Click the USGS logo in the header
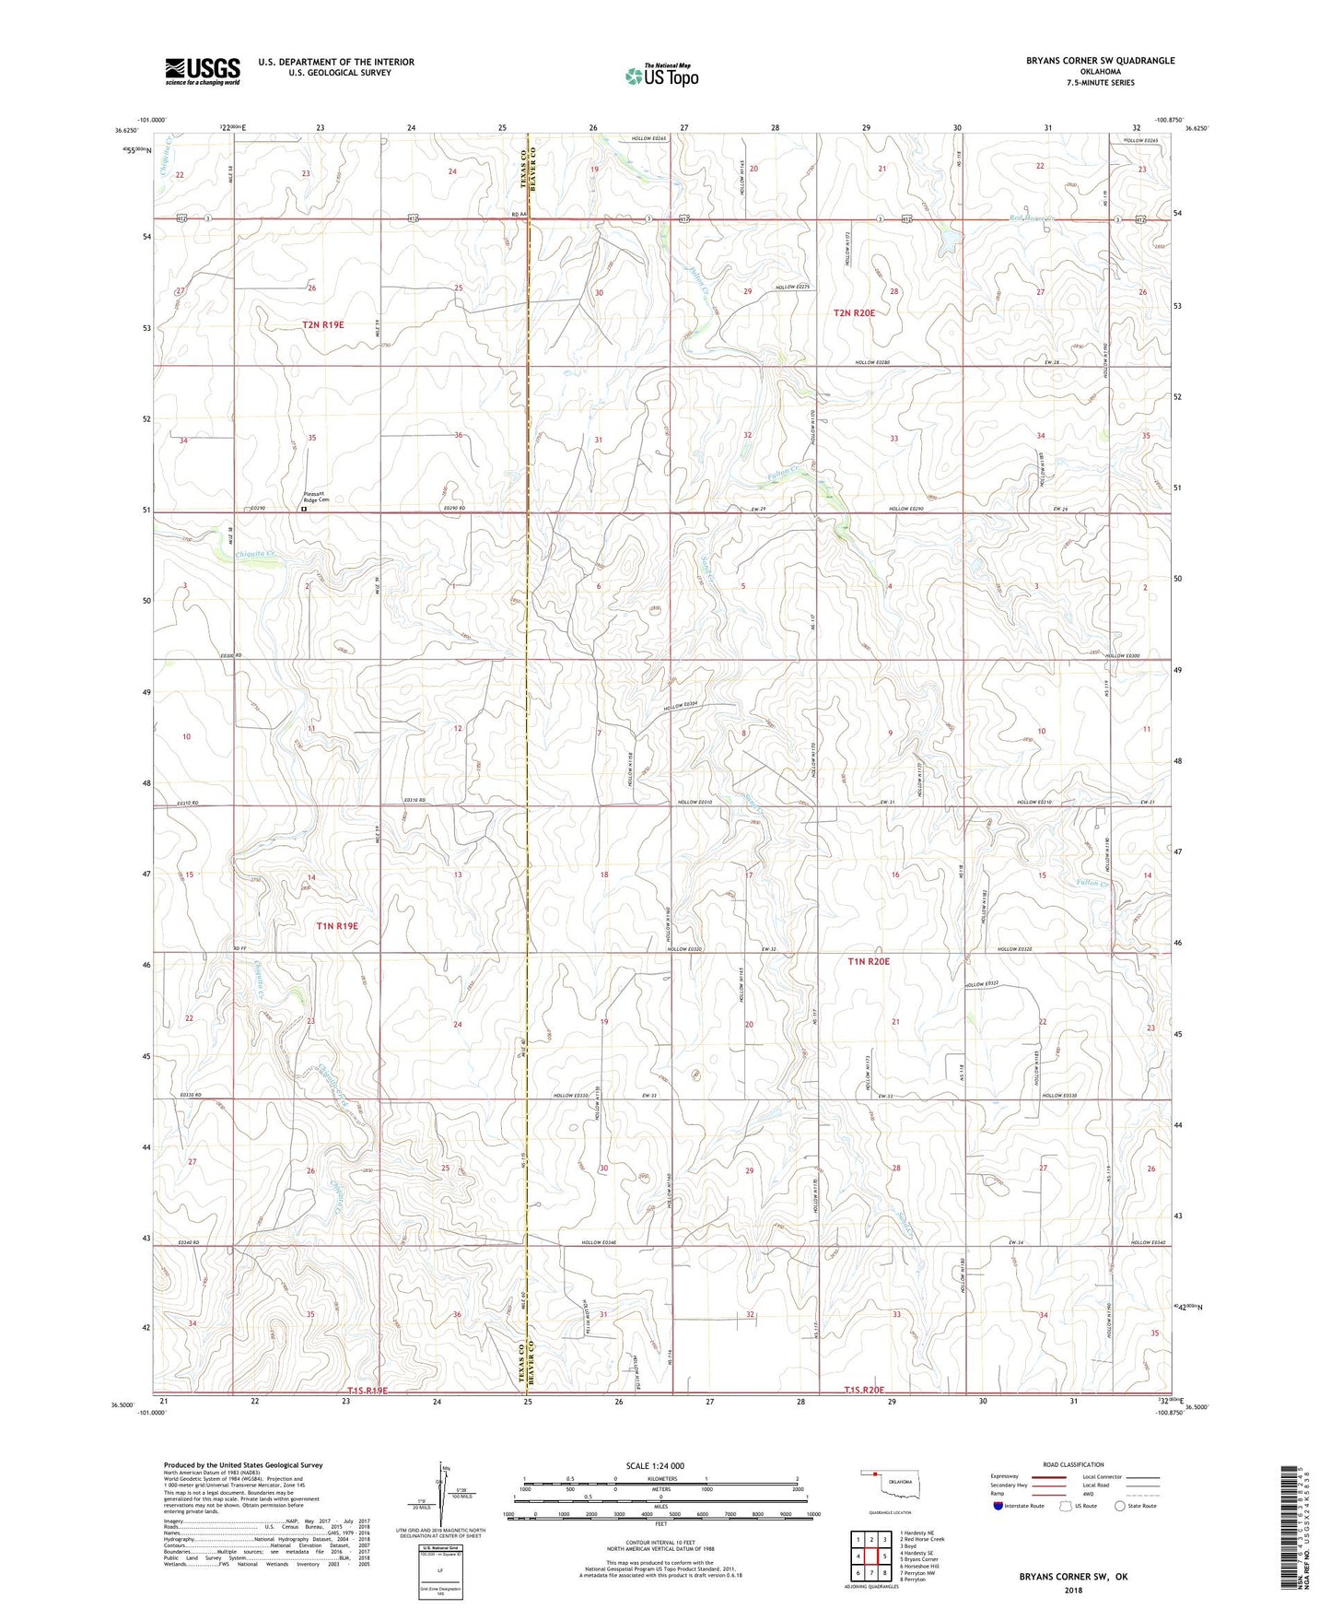click(203, 70)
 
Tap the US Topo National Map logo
click(661, 76)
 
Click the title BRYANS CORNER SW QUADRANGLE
click(1100, 61)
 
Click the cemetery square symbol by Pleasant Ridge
click(305, 508)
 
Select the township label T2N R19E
click(322, 324)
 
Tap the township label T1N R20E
click(869, 961)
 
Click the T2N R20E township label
click(854, 313)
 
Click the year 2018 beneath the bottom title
click(1072, 1590)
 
